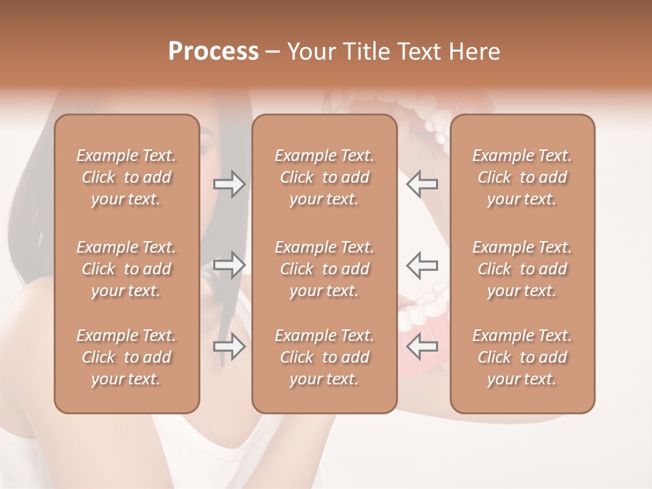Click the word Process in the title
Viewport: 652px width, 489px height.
[213, 52]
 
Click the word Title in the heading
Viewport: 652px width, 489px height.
[365, 52]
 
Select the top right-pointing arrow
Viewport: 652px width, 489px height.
[229, 184]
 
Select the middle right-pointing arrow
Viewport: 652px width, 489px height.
[229, 265]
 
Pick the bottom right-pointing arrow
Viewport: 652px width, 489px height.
[229, 347]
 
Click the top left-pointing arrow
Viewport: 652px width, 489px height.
[422, 184]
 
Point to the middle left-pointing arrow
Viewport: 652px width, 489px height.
[422, 265]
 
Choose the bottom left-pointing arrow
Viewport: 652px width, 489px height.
[422, 347]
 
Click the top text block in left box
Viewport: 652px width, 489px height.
[126, 177]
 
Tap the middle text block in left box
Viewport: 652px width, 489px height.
[126, 269]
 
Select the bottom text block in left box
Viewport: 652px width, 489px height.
[126, 357]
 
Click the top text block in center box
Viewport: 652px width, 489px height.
[325, 177]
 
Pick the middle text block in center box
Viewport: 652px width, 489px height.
[325, 269]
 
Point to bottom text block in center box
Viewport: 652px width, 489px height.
[325, 357]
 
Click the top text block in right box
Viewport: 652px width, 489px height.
[522, 177]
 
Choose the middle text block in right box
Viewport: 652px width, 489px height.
[522, 269]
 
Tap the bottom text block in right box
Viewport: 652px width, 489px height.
[522, 357]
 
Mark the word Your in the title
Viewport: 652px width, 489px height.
[311, 52]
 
